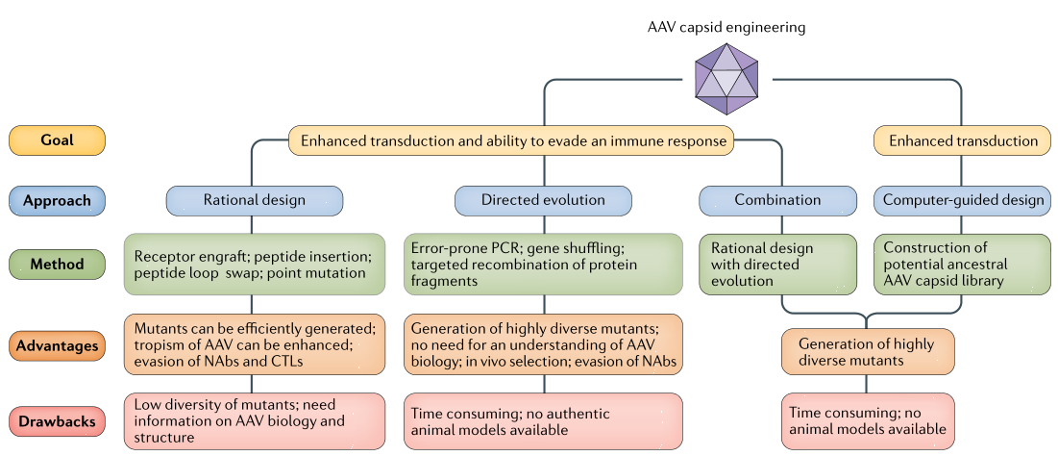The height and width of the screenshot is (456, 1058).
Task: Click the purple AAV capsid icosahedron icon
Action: (728, 79)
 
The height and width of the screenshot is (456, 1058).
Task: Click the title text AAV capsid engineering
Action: (726, 27)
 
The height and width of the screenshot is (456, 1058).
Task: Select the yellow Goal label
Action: (57, 140)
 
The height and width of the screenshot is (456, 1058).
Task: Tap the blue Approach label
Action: (57, 201)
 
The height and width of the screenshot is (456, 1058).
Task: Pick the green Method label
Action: (57, 264)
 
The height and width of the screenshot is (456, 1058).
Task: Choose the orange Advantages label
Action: (57, 343)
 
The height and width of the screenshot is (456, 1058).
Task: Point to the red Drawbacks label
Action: (57, 422)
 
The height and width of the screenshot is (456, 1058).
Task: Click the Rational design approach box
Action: (255, 201)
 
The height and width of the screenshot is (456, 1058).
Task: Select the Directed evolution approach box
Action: (543, 201)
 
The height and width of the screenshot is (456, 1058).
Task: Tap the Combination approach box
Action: (777, 201)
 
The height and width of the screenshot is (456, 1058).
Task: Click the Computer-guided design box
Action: (962, 201)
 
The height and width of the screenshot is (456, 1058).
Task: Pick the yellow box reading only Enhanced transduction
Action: (963, 140)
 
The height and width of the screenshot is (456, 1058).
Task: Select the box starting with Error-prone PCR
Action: (543, 264)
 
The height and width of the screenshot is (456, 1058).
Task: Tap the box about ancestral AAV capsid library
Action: (962, 264)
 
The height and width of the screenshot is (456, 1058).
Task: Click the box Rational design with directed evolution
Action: (777, 264)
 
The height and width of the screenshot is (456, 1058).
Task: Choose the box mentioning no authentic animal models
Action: (543, 421)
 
